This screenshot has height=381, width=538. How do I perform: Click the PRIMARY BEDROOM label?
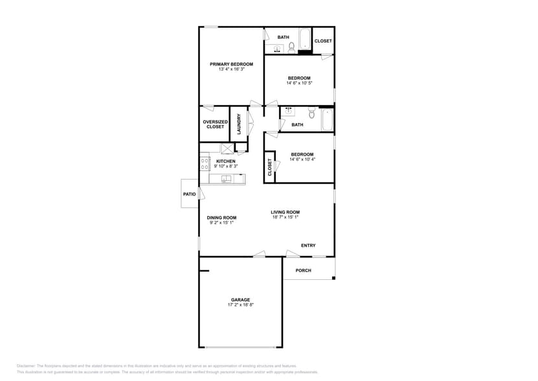pos(231,64)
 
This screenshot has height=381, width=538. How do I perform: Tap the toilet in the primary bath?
pos(292,47)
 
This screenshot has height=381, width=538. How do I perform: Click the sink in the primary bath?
pos(269,49)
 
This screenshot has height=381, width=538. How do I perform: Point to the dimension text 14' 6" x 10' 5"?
pos(299,83)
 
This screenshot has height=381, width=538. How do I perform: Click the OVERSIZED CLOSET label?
pos(215,124)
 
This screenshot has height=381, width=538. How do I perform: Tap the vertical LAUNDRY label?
pos(239,124)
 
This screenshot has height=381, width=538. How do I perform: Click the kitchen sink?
pos(226,179)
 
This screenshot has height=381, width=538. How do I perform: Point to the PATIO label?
pos(189,194)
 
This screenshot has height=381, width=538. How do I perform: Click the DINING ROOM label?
pos(221,218)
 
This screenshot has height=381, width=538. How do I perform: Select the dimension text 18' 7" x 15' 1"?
pos(285,217)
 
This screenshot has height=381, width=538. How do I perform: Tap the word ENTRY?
pos(308,245)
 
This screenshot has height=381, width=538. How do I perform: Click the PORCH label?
pos(303,270)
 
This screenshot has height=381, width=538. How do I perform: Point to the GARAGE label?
pos(240,299)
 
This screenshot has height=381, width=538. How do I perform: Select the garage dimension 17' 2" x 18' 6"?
pos(240,305)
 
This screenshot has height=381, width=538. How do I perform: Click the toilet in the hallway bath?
pos(311,115)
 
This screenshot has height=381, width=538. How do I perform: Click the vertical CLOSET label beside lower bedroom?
pos(270,167)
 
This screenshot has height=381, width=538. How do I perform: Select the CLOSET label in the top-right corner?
pos(323,41)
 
